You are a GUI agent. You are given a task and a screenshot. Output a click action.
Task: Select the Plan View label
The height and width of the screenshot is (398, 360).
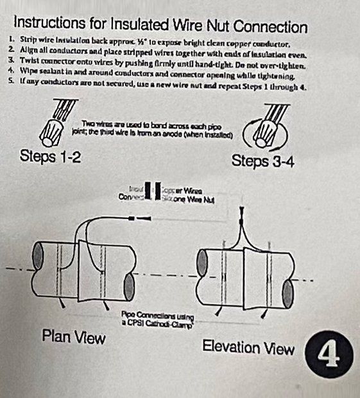(73, 337)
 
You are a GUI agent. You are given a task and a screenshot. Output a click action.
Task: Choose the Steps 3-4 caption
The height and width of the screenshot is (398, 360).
(262, 160)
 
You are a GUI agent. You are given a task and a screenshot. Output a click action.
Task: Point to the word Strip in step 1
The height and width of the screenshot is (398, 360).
(29, 44)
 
